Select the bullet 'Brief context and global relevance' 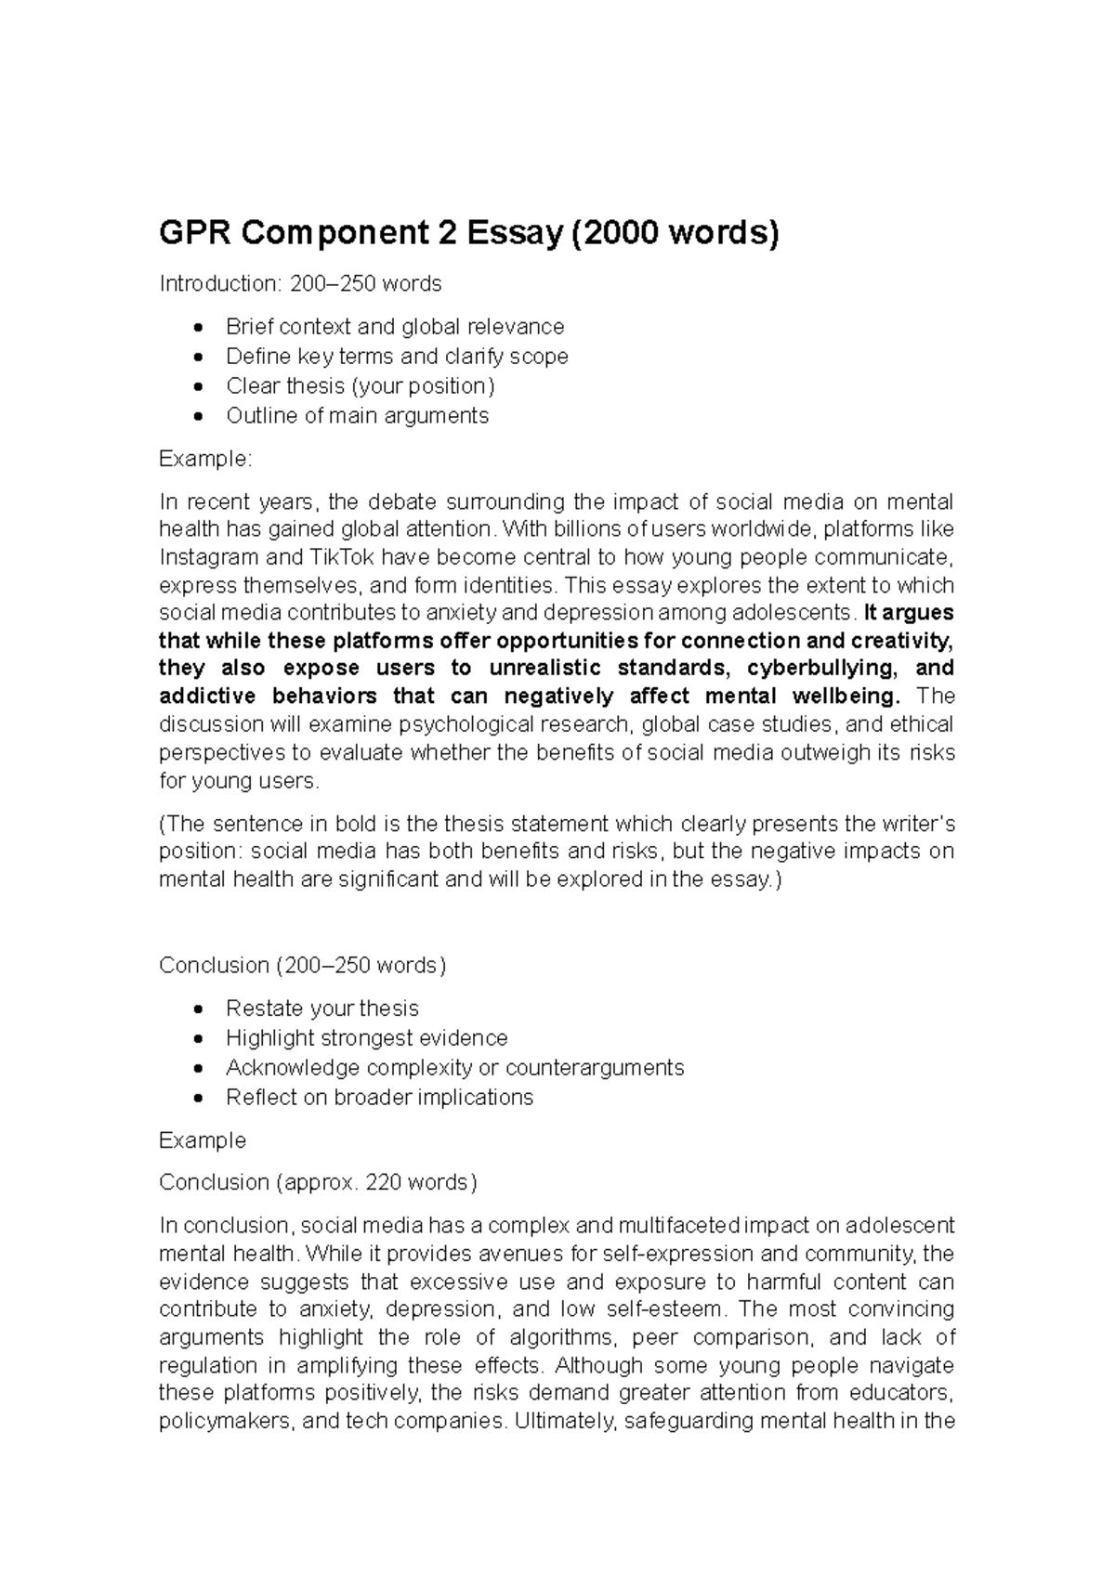pos(395,327)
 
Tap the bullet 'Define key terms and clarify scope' pos(397,357)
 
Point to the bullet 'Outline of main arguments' pos(357,416)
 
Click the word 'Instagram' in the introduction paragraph pos(204,558)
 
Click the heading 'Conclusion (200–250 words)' pos(302,966)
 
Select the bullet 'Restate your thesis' pos(321,1009)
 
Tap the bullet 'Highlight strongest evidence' pos(366,1038)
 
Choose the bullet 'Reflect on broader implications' pos(379,1098)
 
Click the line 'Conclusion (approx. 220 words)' pos(318,1182)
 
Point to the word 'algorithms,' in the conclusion pos(561,1338)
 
